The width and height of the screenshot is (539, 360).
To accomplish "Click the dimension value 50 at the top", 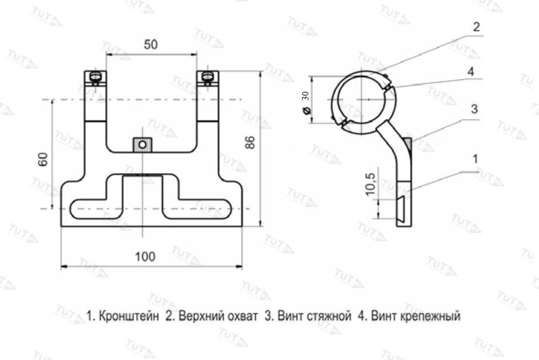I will (151, 45).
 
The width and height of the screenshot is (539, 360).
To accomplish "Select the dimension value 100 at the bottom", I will (146, 257).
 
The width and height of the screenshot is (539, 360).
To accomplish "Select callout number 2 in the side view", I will (476, 27).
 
